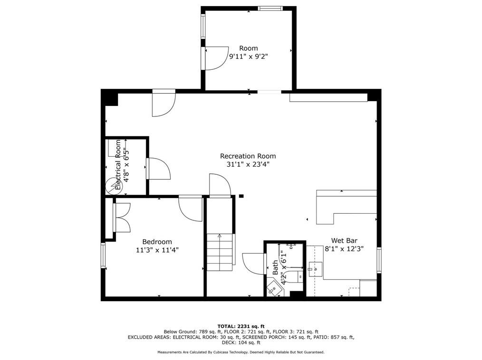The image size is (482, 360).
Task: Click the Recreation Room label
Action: coord(248,156)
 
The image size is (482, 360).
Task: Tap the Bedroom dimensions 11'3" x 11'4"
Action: coord(157,250)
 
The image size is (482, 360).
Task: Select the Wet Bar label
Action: coord(344,240)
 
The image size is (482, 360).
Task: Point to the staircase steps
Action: coord(219,252)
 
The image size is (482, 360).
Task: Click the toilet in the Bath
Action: coord(295,276)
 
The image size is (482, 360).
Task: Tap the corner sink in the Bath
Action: coord(273,288)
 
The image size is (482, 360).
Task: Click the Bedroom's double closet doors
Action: coord(122,218)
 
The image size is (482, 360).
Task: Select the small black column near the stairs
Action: coord(241,196)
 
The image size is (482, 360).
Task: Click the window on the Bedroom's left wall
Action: coord(103,255)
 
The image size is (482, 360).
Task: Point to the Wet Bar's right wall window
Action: coord(379,260)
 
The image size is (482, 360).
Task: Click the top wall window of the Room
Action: coord(270,8)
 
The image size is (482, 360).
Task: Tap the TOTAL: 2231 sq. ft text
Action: coord(241,326)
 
